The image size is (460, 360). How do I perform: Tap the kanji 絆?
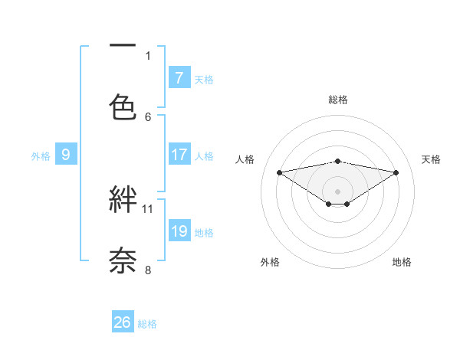(123, 200)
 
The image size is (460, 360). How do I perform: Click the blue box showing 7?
(179, 78)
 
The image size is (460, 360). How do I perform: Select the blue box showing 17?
(179, 155)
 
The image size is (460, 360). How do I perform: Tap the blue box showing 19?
(179, 231)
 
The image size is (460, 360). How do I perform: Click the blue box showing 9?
(66, 155)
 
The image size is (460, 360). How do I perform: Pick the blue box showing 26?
(123, 322)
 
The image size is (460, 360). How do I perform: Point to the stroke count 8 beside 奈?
(148, 270)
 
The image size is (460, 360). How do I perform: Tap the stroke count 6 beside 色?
(148, 116)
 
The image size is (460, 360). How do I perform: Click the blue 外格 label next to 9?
(41, 156)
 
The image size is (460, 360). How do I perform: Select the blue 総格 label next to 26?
(147, 324)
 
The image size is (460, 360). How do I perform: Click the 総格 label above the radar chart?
(338, 100)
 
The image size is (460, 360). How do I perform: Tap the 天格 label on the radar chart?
(432, 159)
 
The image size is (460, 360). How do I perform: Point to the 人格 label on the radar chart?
(245, 159)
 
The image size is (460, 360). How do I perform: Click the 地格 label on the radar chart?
(402, 262)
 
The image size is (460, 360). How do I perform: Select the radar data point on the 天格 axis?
(396, 172)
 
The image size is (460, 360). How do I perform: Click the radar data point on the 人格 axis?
(279, 172)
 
